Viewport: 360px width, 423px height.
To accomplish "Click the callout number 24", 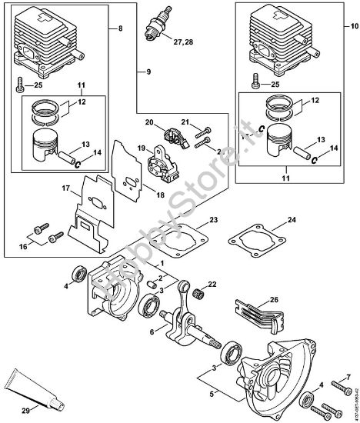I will click(291, 221).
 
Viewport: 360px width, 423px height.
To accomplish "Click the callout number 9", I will click(141, 72).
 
